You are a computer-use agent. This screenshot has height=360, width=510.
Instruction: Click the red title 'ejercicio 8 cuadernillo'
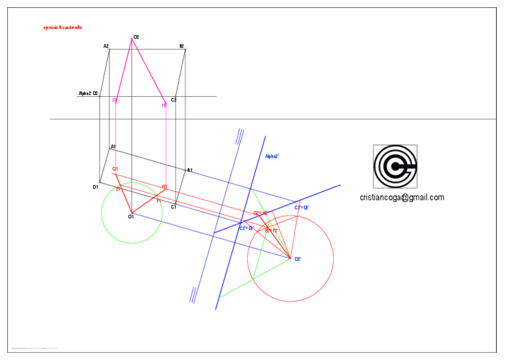(63, 28)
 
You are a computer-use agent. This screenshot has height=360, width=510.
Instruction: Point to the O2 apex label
(137, 37)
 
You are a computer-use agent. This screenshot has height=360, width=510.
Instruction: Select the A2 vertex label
(106, 46)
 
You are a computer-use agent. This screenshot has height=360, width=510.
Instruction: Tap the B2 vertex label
(182, 46)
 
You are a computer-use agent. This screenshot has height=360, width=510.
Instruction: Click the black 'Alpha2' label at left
(85, 93)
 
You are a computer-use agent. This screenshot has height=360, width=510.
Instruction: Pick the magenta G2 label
(115, 100)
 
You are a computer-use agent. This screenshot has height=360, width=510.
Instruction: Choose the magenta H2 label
(164, 105)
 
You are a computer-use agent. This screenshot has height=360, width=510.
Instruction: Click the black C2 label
(174, 100)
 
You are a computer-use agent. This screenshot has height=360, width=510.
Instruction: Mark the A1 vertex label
(113, 147)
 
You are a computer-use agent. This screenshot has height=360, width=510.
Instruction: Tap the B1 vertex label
(190, 170)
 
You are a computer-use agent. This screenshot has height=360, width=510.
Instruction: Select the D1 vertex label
(95, 187)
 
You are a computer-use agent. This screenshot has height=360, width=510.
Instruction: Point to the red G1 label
(115, 169)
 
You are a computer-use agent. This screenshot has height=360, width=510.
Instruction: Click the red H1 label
(164, 186)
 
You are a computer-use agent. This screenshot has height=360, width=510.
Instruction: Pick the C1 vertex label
(173, 207)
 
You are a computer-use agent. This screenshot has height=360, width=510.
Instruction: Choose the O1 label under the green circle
(131, 216)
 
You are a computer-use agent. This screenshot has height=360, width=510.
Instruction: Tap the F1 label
(159, 201)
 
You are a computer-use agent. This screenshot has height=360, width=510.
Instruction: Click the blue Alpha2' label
(272, 156)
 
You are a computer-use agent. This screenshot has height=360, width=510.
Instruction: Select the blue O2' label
(297, 259)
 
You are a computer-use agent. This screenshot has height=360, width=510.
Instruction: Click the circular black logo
(395, 166)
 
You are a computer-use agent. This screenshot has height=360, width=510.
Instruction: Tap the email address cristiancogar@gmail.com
(402, 197)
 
